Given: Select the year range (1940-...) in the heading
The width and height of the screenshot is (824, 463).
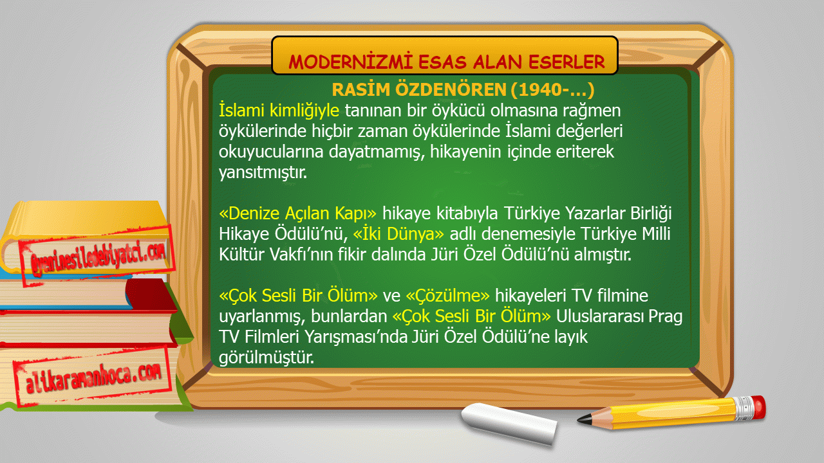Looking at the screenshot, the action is [552, 90].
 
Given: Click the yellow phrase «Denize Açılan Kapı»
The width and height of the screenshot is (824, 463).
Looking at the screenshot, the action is [297, 213].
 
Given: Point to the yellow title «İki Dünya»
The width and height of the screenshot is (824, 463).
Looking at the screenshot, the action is [398, 233].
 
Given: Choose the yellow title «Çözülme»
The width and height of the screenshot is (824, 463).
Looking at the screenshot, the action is [447, 295].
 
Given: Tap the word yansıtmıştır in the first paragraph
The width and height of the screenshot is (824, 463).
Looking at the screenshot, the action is [263, 172].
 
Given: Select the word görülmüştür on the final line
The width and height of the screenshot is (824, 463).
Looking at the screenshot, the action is [267, 357].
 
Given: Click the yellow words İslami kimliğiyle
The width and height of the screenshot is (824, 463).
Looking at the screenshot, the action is [279, 110].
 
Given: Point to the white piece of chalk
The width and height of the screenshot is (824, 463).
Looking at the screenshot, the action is [509, 423].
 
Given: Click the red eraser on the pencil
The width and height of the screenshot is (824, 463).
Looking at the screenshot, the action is [758, 407].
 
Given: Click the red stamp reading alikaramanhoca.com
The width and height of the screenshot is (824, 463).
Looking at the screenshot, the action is [93, 377].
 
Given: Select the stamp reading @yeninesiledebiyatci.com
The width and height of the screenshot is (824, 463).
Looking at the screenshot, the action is [97, 255].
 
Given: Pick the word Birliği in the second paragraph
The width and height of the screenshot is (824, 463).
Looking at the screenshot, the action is [651, 213].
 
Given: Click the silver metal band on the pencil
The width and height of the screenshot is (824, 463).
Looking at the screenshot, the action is [743, 408].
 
